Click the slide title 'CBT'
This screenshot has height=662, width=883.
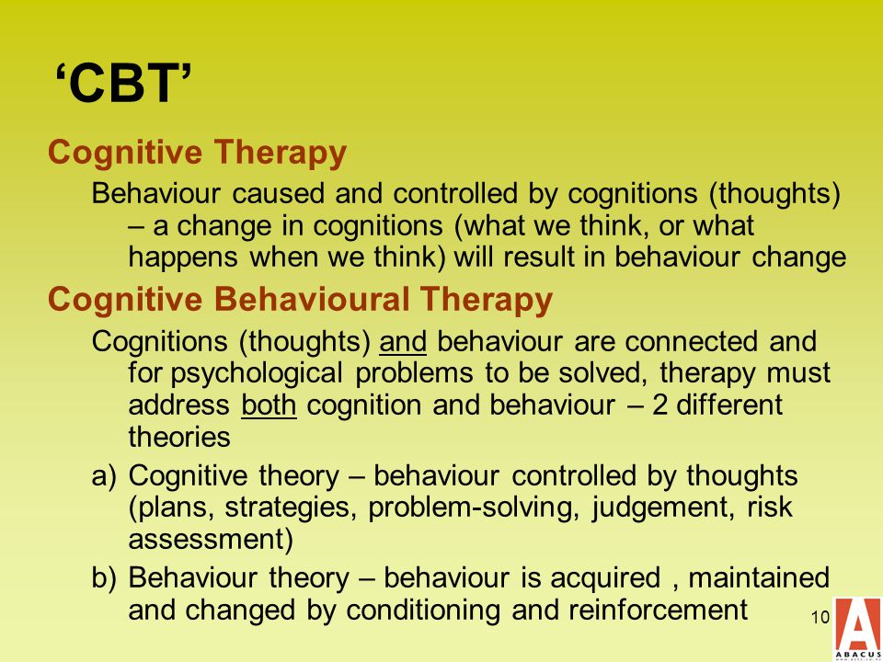point(124,84)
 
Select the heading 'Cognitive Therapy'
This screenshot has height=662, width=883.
point(197,154)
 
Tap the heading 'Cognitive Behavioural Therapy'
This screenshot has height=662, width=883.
point(300,300)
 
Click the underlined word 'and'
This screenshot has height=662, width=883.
point(403,342)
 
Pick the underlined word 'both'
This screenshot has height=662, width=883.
point(269,405)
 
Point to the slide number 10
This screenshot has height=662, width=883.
point(820,618)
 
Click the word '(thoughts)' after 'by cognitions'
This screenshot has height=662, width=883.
point(774,195)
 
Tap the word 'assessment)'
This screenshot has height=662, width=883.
point(212,541)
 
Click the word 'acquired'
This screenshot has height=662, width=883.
point(605,579)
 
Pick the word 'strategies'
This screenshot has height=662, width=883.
point(292,508)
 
